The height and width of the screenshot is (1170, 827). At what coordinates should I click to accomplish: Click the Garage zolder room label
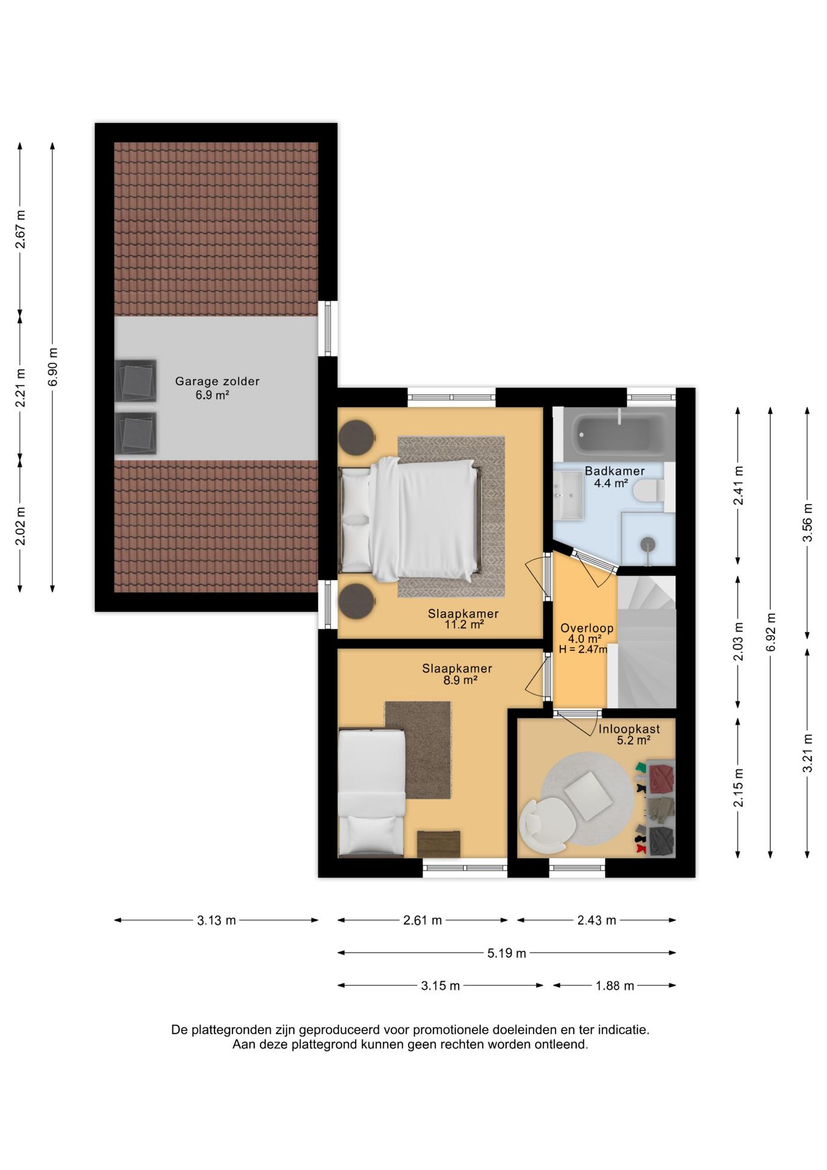point(217,381)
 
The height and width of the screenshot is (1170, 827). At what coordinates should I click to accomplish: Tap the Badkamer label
point(614,471)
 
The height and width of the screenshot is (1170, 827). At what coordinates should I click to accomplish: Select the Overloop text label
point(587,628)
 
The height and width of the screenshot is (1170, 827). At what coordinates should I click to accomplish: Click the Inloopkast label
point(629,729)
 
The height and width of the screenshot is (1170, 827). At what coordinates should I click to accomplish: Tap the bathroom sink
point(568,495)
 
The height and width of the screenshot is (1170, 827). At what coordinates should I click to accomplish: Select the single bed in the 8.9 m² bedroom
point(371,792)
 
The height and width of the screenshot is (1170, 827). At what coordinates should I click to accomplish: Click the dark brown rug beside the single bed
point(418,750)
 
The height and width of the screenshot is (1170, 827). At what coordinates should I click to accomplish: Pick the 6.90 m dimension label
point(53,367)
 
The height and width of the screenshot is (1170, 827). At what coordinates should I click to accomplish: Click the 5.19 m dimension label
point(507,953)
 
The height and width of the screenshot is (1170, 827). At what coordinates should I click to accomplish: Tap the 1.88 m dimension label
point(615,985)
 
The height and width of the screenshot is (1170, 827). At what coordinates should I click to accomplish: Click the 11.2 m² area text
point(464,625)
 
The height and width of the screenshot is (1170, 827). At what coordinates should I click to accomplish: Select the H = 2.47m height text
point(583,650)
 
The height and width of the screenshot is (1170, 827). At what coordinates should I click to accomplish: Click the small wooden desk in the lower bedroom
point(438,844)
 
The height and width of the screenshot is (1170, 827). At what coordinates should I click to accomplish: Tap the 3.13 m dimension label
point(216,920)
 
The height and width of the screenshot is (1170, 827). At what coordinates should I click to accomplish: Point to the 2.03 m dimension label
point(738,641)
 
